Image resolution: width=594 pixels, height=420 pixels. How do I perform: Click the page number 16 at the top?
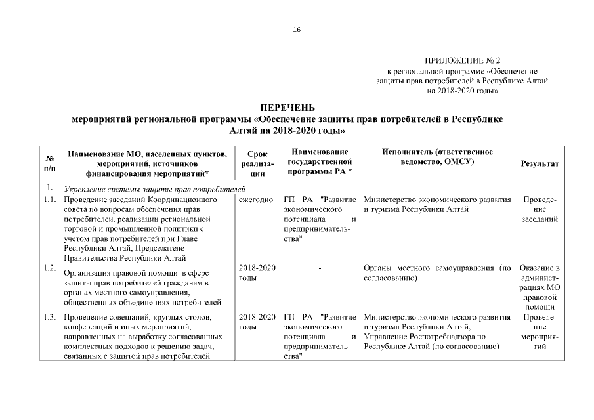tap(297, 30)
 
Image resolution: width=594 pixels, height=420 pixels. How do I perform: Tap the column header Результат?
tap(540, 163)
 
